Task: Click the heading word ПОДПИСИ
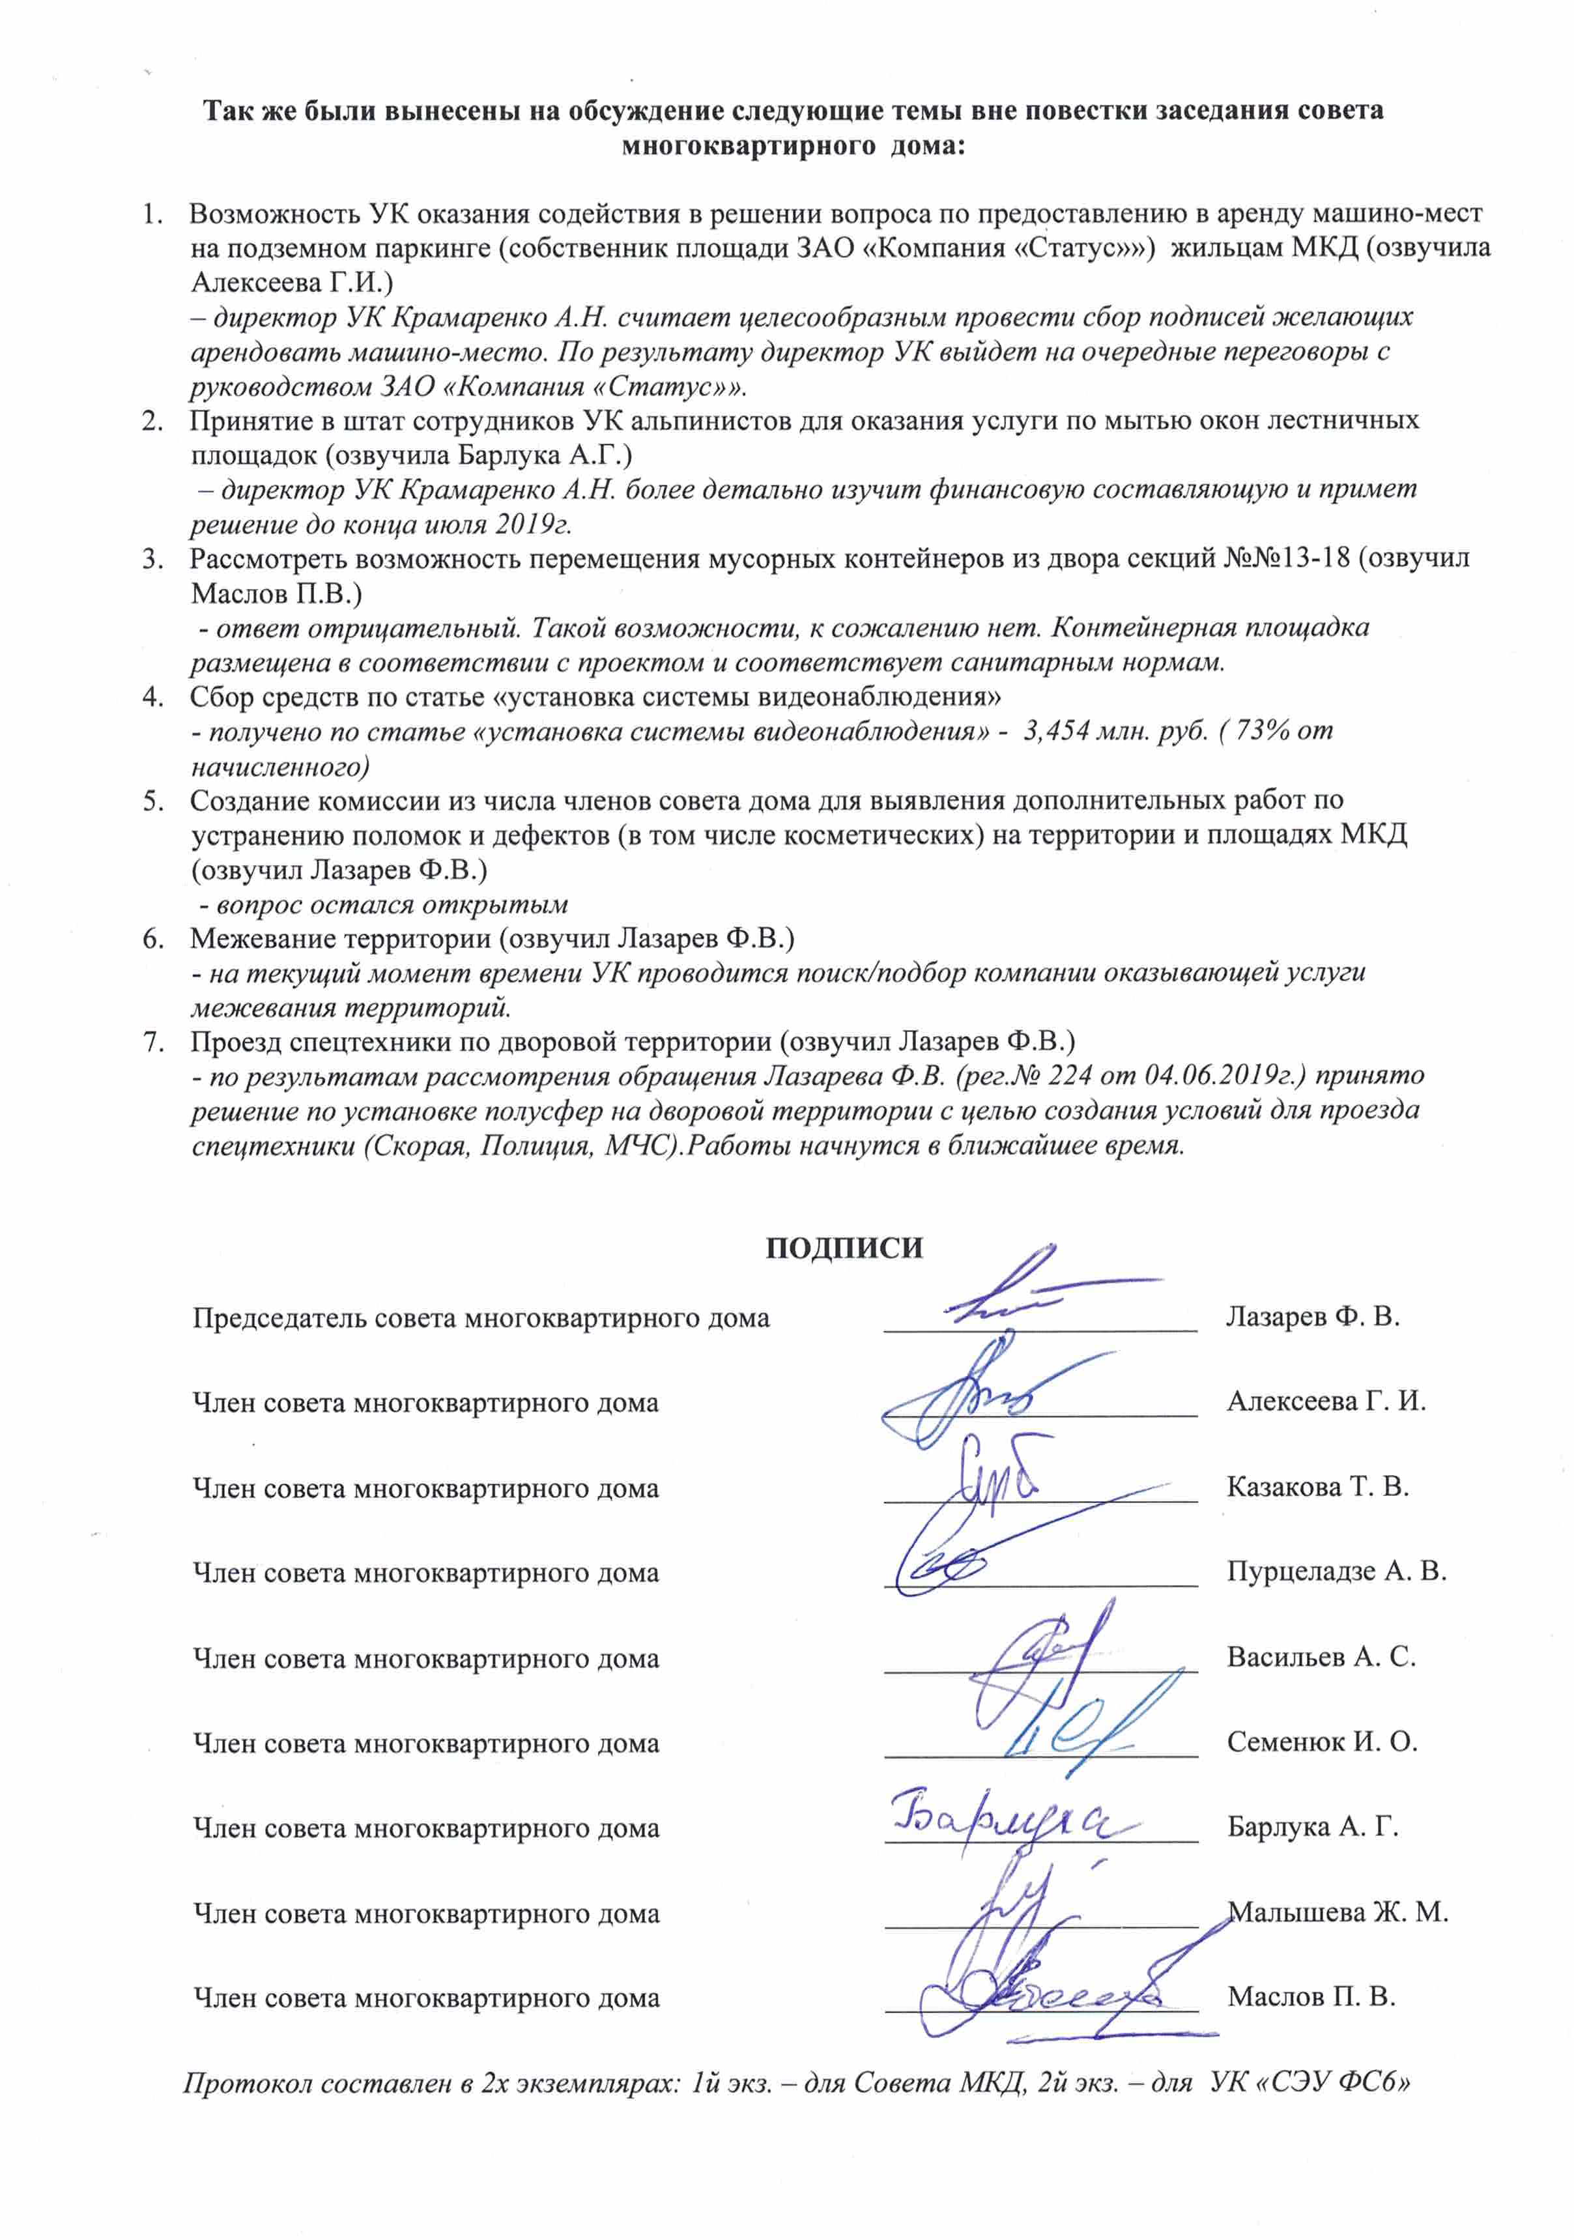click(843, 1250)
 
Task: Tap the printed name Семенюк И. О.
click(1321, 1742)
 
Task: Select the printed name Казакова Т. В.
click(1317, 1487)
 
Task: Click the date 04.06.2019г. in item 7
click(1223, 1076)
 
